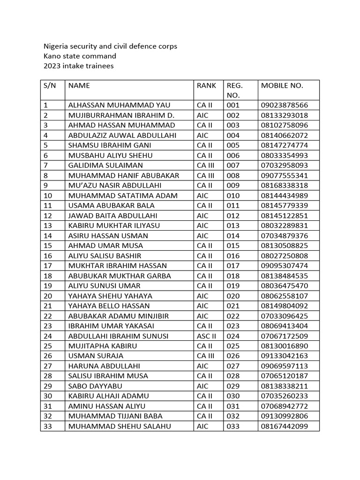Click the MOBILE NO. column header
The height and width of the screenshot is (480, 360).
coord(282,85)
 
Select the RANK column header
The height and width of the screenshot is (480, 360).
coord(206,85)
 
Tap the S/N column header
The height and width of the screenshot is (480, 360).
coord(49,85)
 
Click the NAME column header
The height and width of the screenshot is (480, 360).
coord(79,85)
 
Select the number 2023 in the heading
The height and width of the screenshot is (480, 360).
coord(52,66)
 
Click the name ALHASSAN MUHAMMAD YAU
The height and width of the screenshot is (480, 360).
coord(119,105)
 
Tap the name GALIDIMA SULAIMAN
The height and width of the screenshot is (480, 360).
coord(105,165)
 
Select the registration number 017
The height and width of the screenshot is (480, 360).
coord(233,266)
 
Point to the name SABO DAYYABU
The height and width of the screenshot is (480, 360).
coord(95,386)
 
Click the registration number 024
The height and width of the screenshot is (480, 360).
coord(233,336)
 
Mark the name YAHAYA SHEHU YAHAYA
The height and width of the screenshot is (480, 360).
coord(110,296)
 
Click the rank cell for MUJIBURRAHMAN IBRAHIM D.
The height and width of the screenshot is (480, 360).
coord(202,115)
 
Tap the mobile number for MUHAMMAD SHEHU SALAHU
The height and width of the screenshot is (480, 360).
coord(285,426)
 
